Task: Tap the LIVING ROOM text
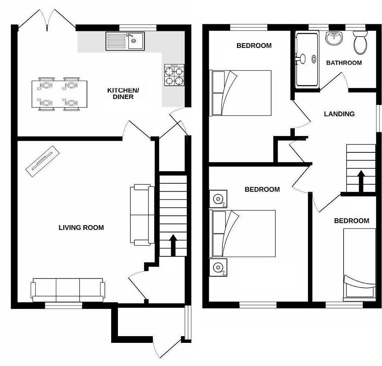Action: tap(81, 228)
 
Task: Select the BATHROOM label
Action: tap(344, 63)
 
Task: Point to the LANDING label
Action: tap(339, 114)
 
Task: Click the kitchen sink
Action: tap(125, 41)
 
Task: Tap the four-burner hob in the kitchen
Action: tap(174, 75)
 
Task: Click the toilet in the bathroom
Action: tap(360, 43)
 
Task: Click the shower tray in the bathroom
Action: tap(307, 60)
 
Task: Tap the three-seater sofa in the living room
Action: tap(68, 290)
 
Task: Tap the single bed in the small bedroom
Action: tap(359, 262)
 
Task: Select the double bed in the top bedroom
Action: tap(242, 93)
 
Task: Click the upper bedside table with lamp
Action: tap(218, 199)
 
